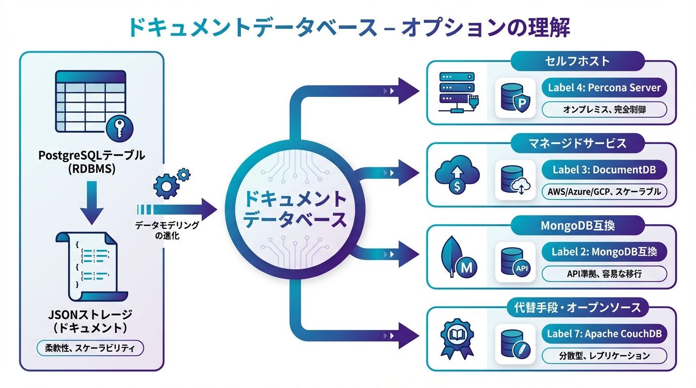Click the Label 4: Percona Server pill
(604, 87)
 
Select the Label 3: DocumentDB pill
(604, 170)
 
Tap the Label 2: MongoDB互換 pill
(604, 252)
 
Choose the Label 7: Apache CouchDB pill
(604, 333)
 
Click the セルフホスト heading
(577, 61)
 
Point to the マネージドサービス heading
(577, 143)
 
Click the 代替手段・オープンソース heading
(577, 307)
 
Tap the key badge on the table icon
(120, 129)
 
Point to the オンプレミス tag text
(604, 110)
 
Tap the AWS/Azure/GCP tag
(604, 192)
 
